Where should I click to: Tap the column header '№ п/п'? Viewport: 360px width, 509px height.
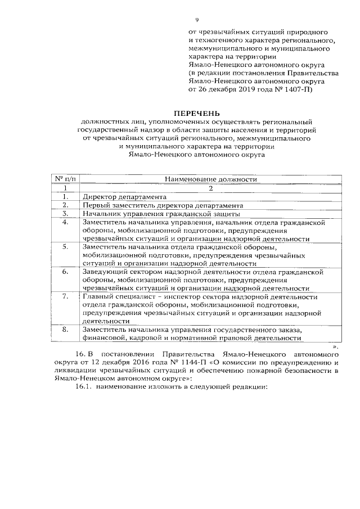click(x=66, y=179)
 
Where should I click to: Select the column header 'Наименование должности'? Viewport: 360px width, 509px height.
click(x=210, y=179)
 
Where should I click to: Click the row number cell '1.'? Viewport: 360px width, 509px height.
click(x=66, y=197)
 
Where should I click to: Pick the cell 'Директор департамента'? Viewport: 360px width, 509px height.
click(x=124, y=197)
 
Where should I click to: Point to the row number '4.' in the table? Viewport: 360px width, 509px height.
click(x=66, y=222)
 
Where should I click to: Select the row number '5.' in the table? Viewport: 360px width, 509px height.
click(x=66, y=246)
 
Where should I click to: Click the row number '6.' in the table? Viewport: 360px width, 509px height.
click(x=66, y=271)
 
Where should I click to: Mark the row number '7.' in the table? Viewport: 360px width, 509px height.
click(x=66, y=296)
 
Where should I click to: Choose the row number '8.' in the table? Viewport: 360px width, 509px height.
click(x=66, y=329)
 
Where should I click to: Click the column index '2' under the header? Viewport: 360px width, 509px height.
click(x=210, y=188)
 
